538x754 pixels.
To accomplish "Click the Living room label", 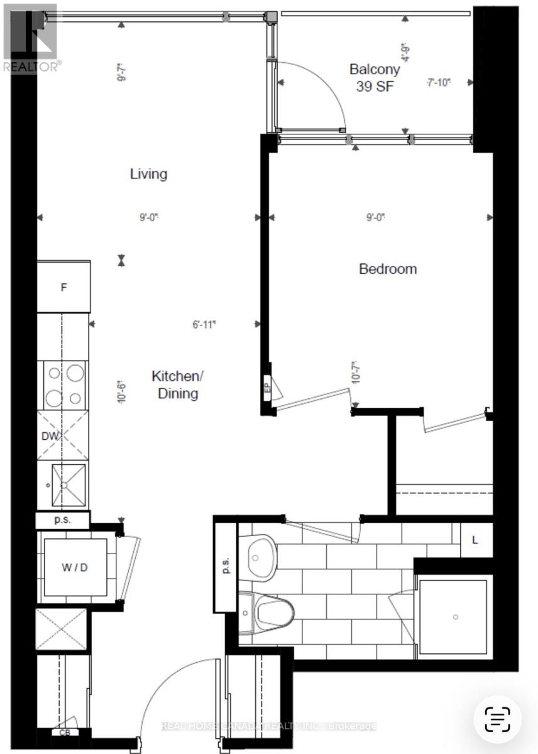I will (x=148, y=174).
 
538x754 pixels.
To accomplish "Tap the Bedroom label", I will (x=388, y=269).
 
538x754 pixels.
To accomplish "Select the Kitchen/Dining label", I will (x=175, y=385).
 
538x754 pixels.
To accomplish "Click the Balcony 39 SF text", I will (x=375, y=78).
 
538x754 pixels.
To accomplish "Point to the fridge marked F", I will (x=63, y=288).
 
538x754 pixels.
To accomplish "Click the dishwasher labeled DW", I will (x=63, y=435).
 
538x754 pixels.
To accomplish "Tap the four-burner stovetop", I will (x=63, y=385).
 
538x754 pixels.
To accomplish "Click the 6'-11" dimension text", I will (x=204, y=325).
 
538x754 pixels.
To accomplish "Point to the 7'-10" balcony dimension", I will (x=439, y=82).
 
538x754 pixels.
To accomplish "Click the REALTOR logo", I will (x=31, y=38).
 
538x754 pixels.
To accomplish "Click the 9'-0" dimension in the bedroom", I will (x=376, y=217).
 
